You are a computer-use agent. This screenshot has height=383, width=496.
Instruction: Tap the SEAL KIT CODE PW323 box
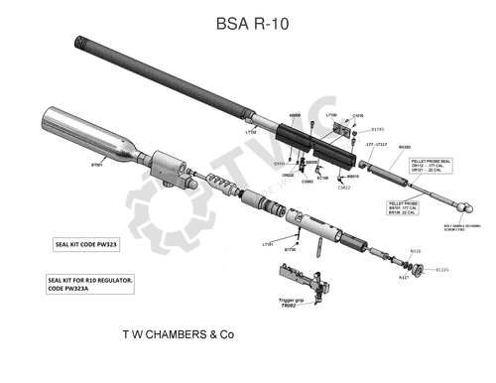pyautogui.click(x=85, y=242)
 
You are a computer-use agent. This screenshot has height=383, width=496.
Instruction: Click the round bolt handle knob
pyautogui.click(x=464, y=210)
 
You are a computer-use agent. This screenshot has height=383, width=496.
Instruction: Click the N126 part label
pyautogui.click(x=416, y=252)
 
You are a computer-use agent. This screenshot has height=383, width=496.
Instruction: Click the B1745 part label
pyautogui.click(x=377, y=129)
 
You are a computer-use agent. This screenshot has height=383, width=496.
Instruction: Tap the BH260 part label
pyautogui.click(x=404, y=147)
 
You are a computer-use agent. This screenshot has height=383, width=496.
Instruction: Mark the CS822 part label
pyautogui.click(x=343, y=187)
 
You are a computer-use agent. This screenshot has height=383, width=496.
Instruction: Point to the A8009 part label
pyautogui.click(x=295, y=115)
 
